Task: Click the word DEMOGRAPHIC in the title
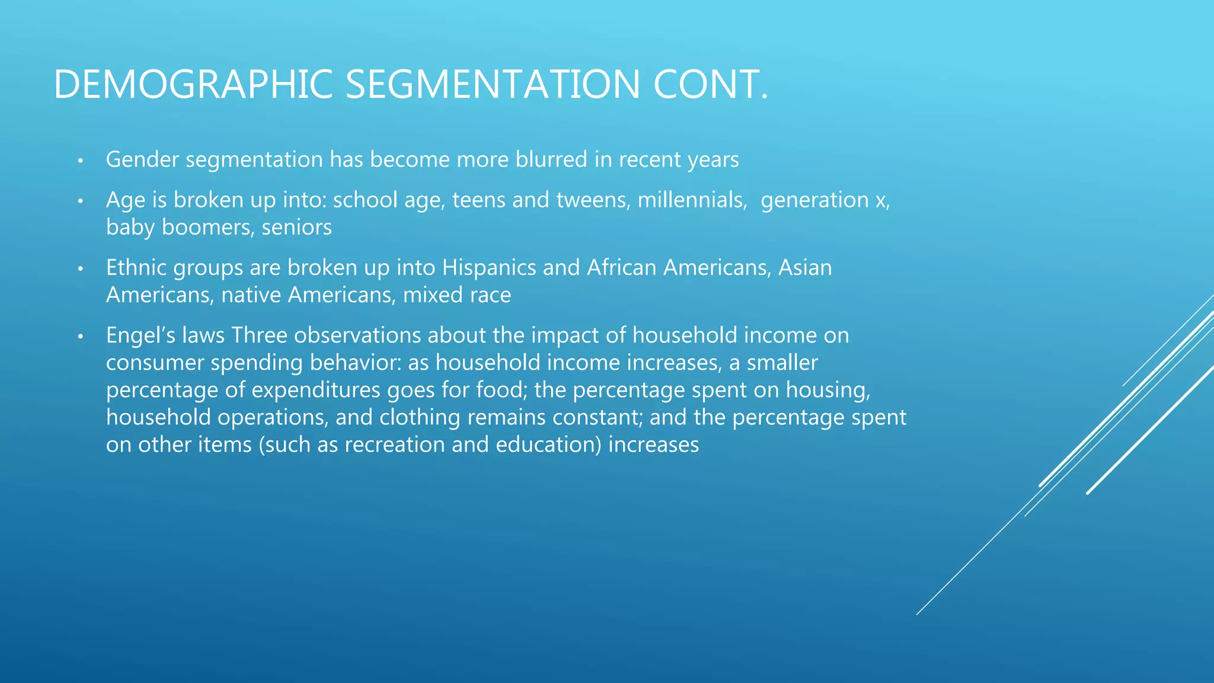pyautogui.click(x=193, y=84)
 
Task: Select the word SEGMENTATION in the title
pyautogui.click(x=493, y=84)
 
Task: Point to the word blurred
pyautogui.click(x=551, y=159)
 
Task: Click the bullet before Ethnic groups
pyautogui.click(x=81, y=269)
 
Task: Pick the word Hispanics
pyautogui.click(x=489, y=267)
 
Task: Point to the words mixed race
pyautogui.click(x=457, y=295)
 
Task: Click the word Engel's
pyautogui.click(x=140, y=336)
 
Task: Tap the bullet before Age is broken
pyautogui.click(x=81, y=202)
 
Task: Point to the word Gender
pyautogui.click(x=142, y=159)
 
